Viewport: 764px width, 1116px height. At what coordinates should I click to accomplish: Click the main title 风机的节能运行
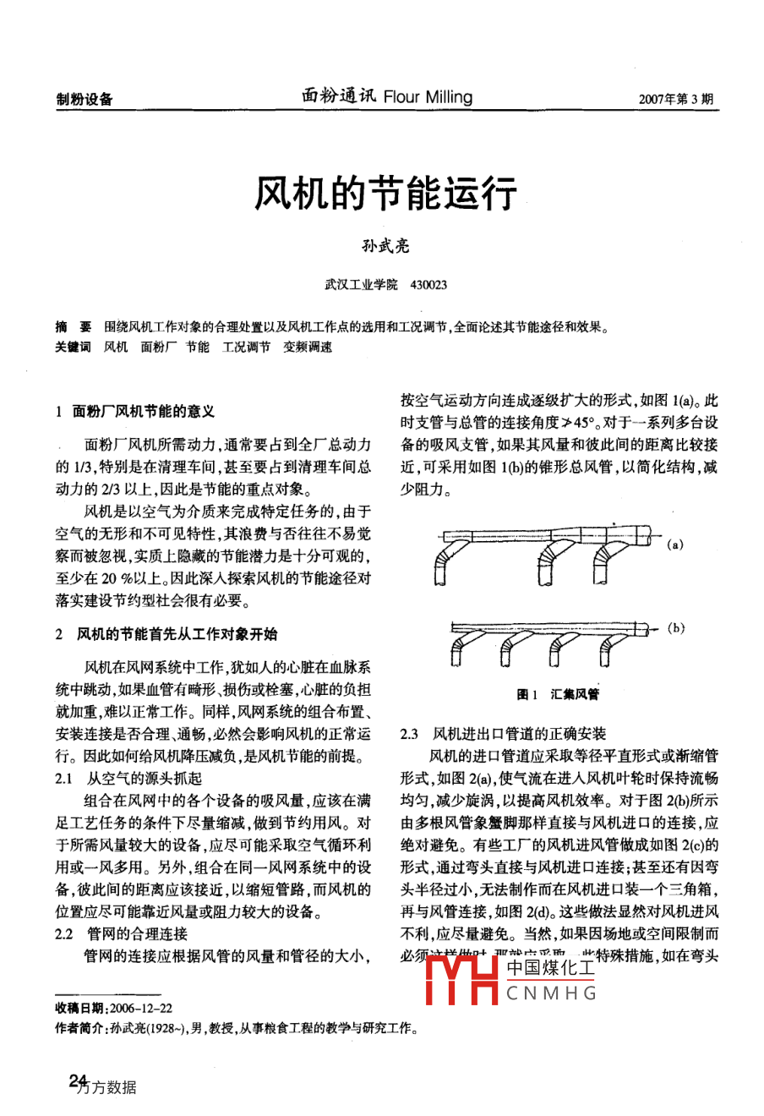[x=385, y=194]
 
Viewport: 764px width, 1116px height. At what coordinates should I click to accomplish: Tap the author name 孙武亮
[x=385, y=246]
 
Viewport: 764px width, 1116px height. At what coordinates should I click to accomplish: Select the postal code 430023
[x=428, y=285]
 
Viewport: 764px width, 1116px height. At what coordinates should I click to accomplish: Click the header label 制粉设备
[x=85, y=99]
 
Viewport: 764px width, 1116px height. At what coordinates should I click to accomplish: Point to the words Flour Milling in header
[x=428, y=97]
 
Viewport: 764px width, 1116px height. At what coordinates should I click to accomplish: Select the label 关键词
[x=74, y=347]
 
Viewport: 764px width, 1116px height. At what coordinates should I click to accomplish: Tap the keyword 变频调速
[x=308, y=347]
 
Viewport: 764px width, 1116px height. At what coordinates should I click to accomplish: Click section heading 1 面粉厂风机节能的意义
[x=135, y=412]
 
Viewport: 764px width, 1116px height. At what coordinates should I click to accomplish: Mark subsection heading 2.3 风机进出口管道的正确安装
[x=503, y=734]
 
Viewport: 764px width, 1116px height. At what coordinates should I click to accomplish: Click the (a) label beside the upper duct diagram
[x=674, y=545]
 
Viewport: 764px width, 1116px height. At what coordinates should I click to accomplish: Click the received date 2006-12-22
[x=139, y=1009]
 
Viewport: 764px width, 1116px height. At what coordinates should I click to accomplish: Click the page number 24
[x=79, y=1080]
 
